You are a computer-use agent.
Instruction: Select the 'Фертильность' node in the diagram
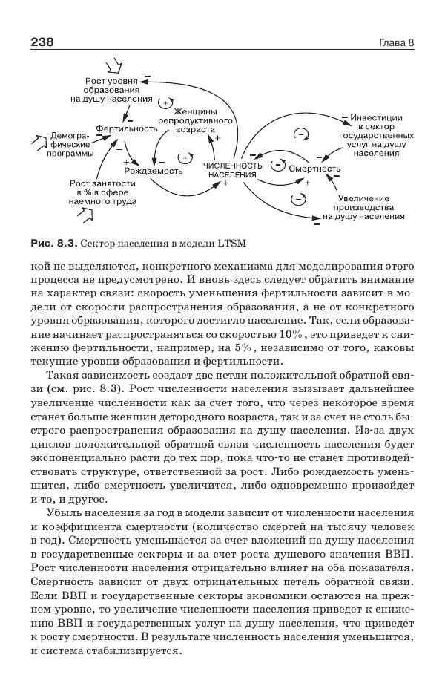(126, 128)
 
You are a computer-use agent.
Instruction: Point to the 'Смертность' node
(314, 169)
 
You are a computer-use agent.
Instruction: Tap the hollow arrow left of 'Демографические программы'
(36, 139)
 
